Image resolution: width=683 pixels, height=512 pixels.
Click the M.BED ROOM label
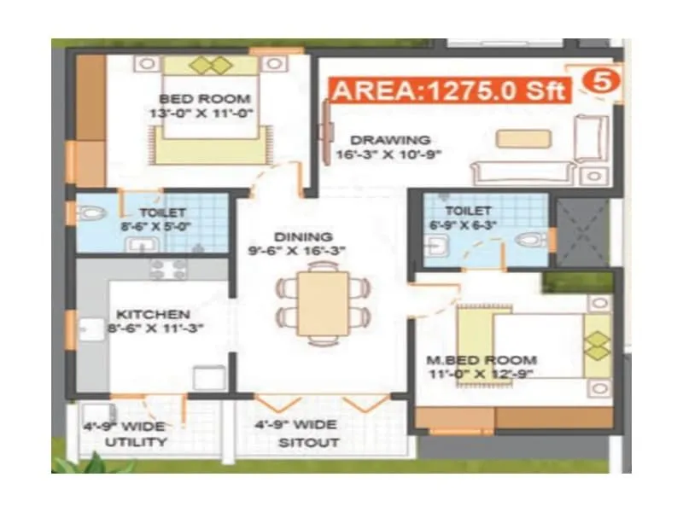482,359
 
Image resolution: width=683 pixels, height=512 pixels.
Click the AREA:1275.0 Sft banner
448,90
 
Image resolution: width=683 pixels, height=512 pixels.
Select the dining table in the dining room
323,303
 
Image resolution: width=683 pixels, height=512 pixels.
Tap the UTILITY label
136,442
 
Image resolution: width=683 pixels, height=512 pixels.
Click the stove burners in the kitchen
168,270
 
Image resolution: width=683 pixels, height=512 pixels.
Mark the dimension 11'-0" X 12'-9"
482,373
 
